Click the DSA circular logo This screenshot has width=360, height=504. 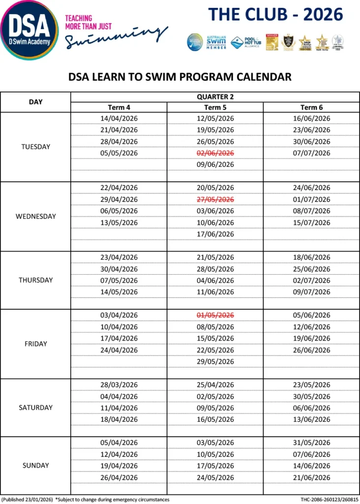tap(30, 30)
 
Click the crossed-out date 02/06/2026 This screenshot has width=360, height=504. tap(215, 153)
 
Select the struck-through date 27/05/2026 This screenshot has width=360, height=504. tap(215, 199)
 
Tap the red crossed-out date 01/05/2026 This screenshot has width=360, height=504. tap(215, 315)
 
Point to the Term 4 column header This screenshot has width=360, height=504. tap(119, 107)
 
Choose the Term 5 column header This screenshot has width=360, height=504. tap(215, 107)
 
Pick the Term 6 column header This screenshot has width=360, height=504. tap(311, 107)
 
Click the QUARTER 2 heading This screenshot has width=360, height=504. tap(215, 97)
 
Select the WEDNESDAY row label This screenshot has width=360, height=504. tap(36, 217)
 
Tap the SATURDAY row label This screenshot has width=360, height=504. tap(36, 408)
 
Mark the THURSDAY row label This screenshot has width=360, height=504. tap(36, 280)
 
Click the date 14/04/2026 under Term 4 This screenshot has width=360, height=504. tap(119, 119)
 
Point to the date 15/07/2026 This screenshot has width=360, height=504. tap(311, 222)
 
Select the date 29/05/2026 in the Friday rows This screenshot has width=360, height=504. tap(215, 361)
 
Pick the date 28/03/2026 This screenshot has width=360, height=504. tap(119, 385)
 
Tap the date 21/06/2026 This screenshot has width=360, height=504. tap(311, 477)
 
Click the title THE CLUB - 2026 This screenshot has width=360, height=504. tap(275, 15)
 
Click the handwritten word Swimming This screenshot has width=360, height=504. tap(117, 37)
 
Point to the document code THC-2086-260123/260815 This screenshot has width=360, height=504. tap(329, 500)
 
